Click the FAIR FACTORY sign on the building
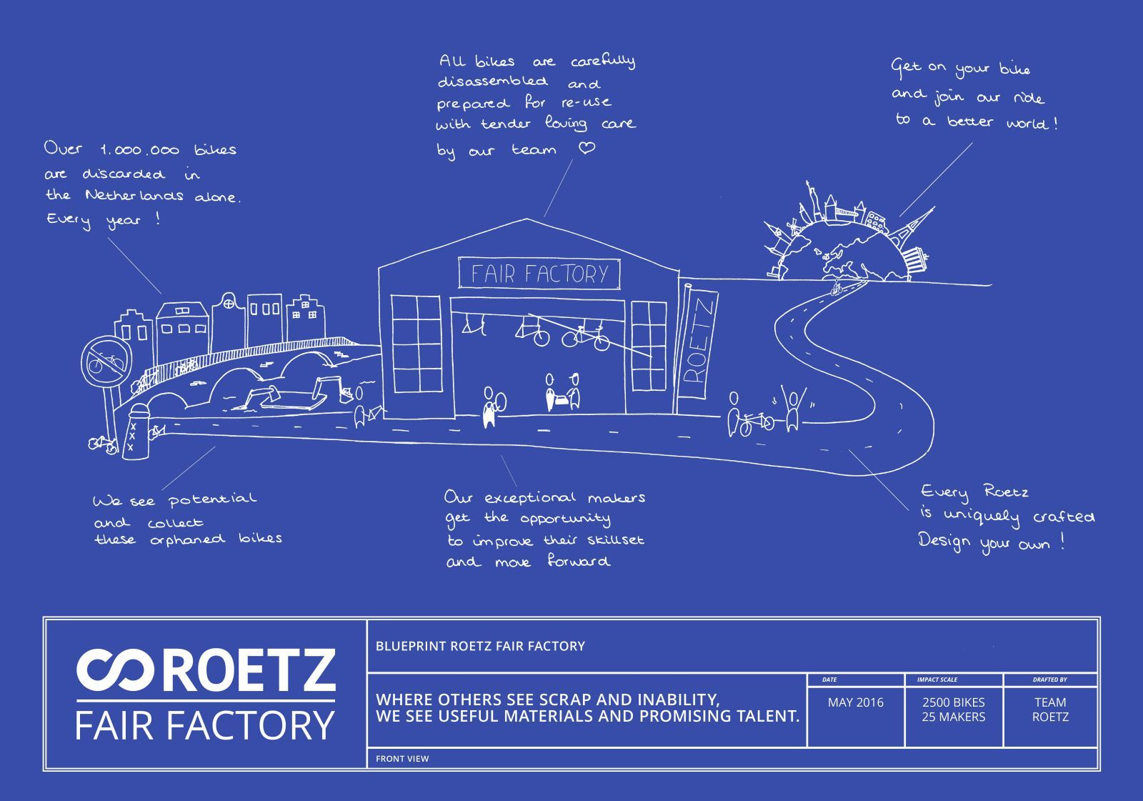[539, 274]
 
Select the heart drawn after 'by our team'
[587, 148]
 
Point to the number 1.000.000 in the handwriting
[139, 151]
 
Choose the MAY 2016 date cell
[855, 703]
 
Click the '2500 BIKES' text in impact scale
[953, 703]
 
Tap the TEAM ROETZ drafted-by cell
[1050, 710]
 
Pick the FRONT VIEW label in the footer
[402, 759]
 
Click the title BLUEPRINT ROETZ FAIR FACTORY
[480, 647]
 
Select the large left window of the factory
[416, 344]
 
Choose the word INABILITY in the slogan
[664, 700]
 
